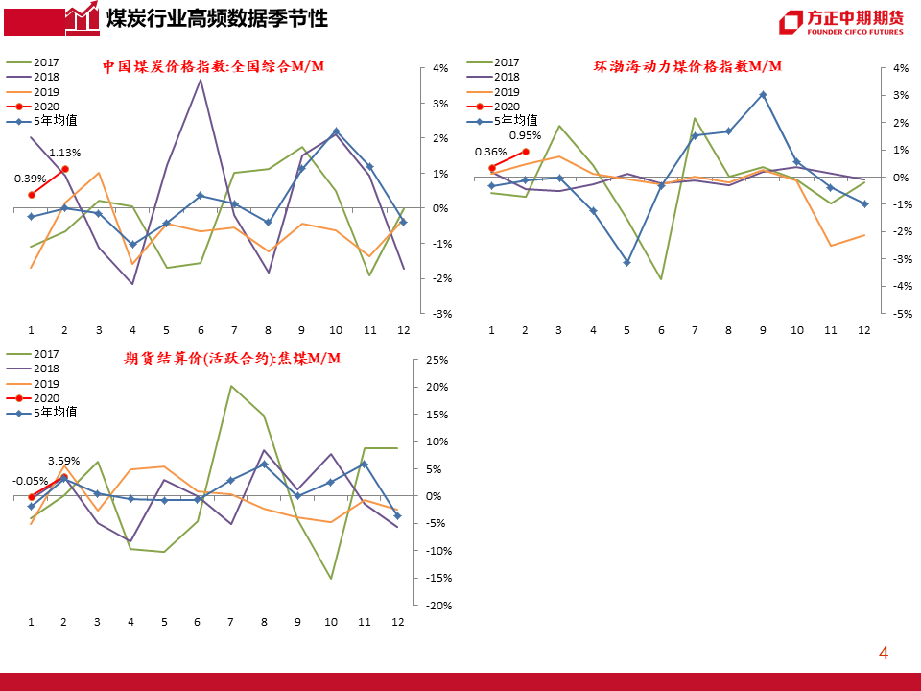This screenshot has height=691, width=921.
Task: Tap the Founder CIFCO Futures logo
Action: [840, 22]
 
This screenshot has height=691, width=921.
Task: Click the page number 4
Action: [884, 654]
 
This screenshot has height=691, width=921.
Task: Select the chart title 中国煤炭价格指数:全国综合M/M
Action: [213, 66]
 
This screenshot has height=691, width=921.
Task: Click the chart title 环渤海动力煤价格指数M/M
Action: [687, 66]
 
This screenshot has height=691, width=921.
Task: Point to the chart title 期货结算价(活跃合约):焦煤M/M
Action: [232, 358]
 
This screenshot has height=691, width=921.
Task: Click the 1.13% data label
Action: [64, 153]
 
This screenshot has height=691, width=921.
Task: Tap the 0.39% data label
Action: [29, 179]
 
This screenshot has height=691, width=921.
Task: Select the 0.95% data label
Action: [525, 135]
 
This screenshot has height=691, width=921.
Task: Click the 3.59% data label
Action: [64, 461]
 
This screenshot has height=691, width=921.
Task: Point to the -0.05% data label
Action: [31, 481]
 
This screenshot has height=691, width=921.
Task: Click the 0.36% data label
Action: [490, 152]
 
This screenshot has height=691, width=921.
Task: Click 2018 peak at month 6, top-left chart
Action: [200, 79]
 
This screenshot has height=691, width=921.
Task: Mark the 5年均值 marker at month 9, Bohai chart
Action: [763, 94]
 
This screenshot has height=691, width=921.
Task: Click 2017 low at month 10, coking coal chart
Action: [331, 579]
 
